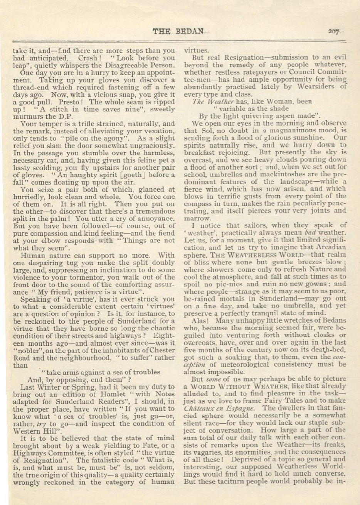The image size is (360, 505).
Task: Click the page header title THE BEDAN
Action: click(178, 31)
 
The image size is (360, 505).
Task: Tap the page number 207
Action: click(333, 32)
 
